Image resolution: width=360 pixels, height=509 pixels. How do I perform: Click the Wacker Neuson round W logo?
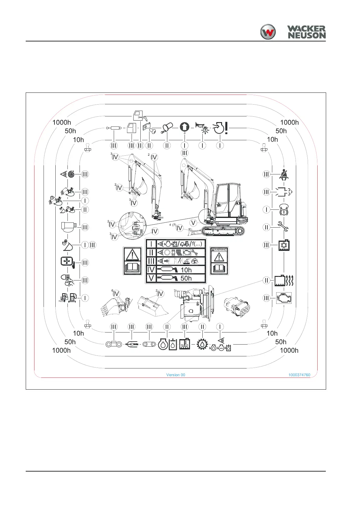click(268, 32)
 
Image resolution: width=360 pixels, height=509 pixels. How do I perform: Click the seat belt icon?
click(284, 174)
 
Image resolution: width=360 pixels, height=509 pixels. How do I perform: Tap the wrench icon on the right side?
click(283, 227)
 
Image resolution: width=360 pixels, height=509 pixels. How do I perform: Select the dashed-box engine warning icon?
click(284, 298)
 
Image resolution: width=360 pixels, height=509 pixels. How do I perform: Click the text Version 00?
click(175, 375)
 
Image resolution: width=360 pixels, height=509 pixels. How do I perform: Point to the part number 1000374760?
click(299, 375)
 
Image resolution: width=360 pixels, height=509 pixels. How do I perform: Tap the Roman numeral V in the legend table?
click(151, 278)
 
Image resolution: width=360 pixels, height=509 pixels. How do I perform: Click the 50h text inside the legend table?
click(186, 278)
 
